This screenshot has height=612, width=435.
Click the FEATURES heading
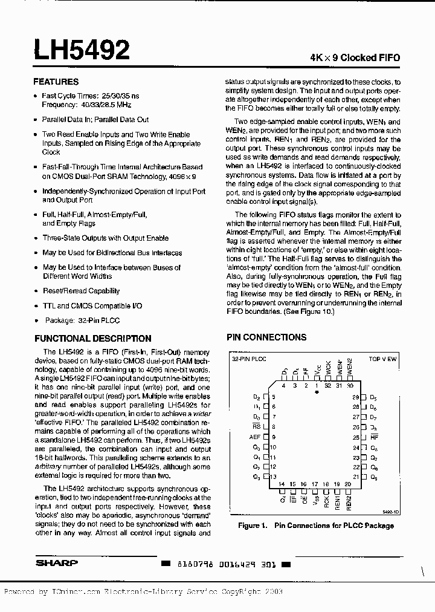point(56,82)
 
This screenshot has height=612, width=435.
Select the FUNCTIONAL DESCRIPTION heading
point(93,339)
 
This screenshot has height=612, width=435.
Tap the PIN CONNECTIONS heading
point(266,337)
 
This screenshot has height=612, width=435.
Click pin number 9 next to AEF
point(274,437)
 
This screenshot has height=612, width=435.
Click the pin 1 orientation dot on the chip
point(317,392)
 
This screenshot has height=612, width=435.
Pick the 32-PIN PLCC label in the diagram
point(249,359)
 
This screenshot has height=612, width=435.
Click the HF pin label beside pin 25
point(374,437)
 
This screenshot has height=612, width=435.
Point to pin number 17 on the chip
point(315,484)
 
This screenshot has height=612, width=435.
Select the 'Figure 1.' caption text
point(252,526)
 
